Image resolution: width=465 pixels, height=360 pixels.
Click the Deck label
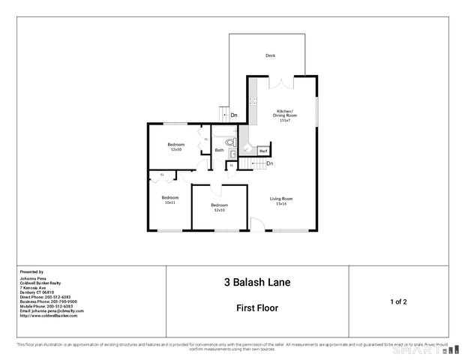270,55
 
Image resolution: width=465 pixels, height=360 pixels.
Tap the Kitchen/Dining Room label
284,115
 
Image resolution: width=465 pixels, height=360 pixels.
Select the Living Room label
281,201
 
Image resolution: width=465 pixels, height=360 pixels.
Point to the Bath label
219,150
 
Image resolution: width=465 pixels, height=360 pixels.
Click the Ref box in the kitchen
263,151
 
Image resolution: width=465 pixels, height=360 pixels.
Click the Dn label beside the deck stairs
234,115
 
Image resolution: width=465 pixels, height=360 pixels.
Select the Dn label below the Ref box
269,163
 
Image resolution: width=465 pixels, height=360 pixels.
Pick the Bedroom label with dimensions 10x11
169,199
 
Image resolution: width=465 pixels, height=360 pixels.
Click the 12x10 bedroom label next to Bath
176,146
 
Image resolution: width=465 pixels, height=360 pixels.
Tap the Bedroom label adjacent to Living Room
219,207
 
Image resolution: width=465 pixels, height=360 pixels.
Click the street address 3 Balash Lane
257,283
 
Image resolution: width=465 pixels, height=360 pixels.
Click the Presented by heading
31,272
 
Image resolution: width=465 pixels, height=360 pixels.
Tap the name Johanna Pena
34,278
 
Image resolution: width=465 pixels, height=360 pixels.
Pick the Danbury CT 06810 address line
38,292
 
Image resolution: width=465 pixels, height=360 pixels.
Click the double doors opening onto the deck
279,78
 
